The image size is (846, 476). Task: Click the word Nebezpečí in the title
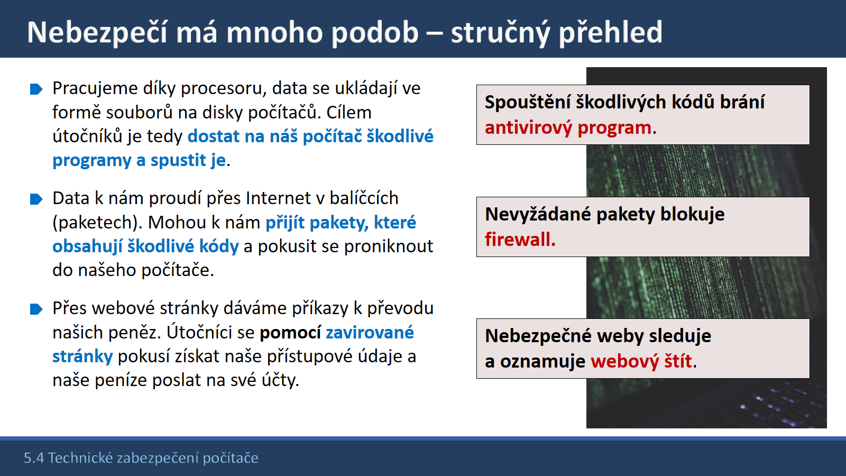click(x=97, y=33)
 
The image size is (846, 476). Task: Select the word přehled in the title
click(x=610, y=33)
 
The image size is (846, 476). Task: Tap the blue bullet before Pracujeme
click(x=36, y=89)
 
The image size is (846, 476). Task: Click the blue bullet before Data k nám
click(x=36, y=199)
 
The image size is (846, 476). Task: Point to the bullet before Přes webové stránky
click(x=36, y=309)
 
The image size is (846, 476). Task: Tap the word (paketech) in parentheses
click(x=97, y=223)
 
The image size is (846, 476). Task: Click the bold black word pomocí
click(x=290, y=333)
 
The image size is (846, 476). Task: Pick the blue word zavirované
click(x=370, y=333)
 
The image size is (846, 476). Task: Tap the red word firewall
click(x=520, y=240)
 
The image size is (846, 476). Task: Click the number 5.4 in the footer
click(x=34, y=458)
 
